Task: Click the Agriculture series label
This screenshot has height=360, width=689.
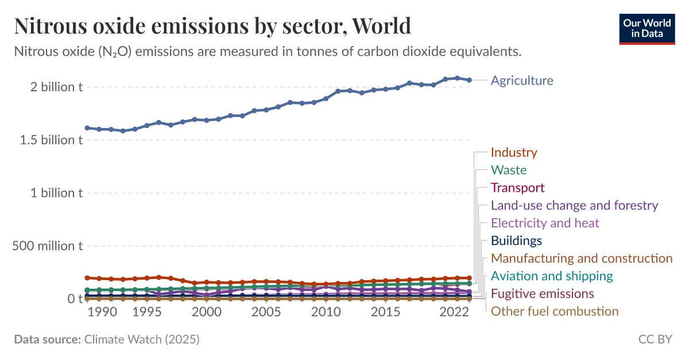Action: coord(521,80)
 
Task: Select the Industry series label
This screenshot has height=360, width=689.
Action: coord(514,153)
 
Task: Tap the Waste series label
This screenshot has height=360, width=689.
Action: coord(508,170)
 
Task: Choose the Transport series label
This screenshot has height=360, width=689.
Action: coord(517,188)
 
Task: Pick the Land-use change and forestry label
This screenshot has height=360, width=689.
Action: coord(574,206)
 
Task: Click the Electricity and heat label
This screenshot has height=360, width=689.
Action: coord(545,223)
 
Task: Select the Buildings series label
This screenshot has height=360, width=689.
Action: coord(516,241)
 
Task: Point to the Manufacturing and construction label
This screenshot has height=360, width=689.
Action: coord(581,258)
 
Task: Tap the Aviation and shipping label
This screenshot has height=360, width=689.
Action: coord(552,276)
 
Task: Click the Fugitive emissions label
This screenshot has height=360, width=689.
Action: coord(542,294)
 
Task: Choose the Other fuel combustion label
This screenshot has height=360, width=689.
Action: coord(554,311)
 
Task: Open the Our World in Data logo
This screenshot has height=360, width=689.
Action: coord(647,28)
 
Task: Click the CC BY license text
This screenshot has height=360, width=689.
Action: coord(655,339)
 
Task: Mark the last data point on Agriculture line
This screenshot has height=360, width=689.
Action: coord(469,80)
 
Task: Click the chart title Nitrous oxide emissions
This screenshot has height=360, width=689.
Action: coord(212,26)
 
